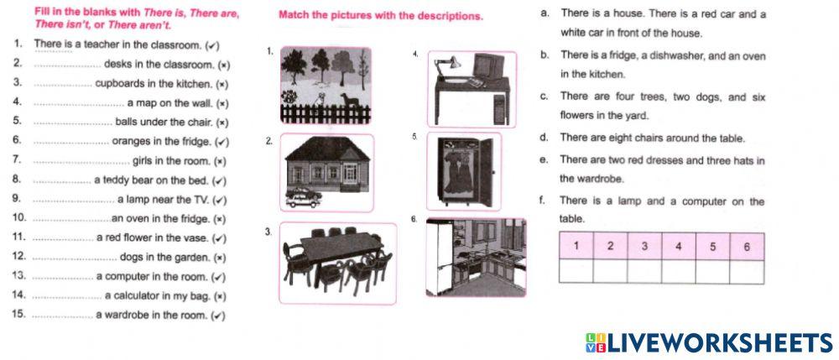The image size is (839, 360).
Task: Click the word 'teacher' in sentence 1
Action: pos(95,45)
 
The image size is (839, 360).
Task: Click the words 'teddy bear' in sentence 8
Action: pos(122,180)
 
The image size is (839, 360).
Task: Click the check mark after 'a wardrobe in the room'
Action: pos(218,316)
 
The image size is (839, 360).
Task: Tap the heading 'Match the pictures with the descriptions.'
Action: pos(380,15)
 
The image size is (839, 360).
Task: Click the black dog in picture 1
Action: pos(351,100)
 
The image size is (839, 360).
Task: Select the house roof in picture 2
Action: pos(327,149)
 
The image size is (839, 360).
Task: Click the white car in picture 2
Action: pos(302,201)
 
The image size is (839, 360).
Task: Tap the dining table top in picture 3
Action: pos(341,247)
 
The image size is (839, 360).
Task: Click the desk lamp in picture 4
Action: pos(447,67)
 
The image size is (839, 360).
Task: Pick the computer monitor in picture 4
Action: pos(487,65)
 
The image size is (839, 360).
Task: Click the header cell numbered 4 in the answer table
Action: pos(679,247)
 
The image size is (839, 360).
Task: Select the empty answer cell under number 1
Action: pos(576,272)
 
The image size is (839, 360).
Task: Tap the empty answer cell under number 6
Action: pos(747,272)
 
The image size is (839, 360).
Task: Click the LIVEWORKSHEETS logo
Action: pos(708,343)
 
